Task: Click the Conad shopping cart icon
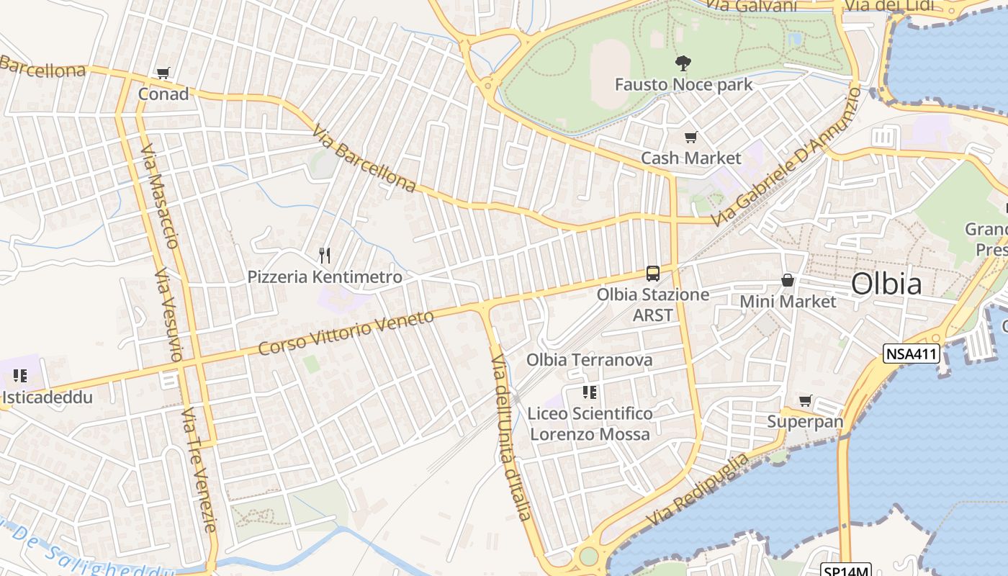163,73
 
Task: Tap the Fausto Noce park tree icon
683,63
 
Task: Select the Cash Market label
690,158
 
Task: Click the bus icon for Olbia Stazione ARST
653,273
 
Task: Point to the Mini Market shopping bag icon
788,280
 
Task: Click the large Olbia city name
886,284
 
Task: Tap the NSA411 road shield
911,354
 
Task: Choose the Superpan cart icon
805,400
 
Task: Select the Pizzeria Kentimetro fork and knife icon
325,255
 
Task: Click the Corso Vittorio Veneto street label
346,332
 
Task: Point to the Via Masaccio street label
160,196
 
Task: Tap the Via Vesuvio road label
170,315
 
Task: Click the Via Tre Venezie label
199,469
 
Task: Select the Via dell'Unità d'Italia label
511,436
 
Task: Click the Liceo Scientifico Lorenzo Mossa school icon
590,392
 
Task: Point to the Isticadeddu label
48,397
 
